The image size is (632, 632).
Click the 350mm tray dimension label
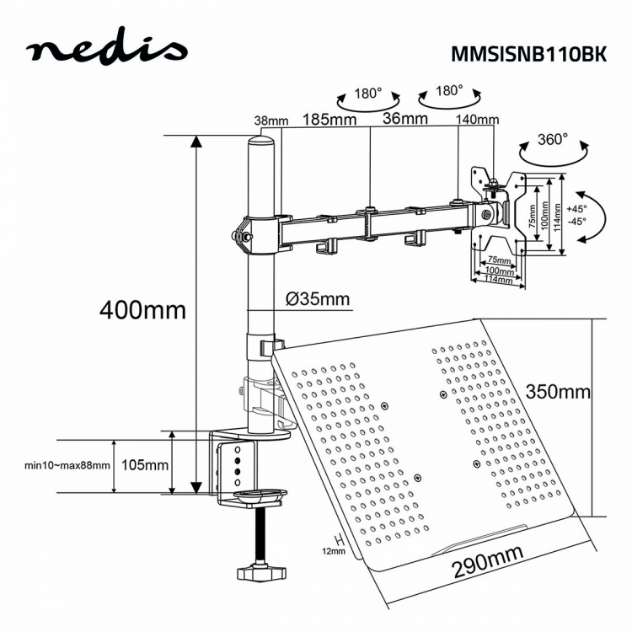(557, 392)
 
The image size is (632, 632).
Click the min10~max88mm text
(67, 465)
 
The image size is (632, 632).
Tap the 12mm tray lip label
(334, 551)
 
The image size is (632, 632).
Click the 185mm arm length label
(319, 120)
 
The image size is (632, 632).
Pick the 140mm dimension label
(477, 120)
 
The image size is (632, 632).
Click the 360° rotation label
(553, 138)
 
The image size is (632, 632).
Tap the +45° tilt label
(576, 208)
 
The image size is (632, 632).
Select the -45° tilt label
(576, 222)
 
